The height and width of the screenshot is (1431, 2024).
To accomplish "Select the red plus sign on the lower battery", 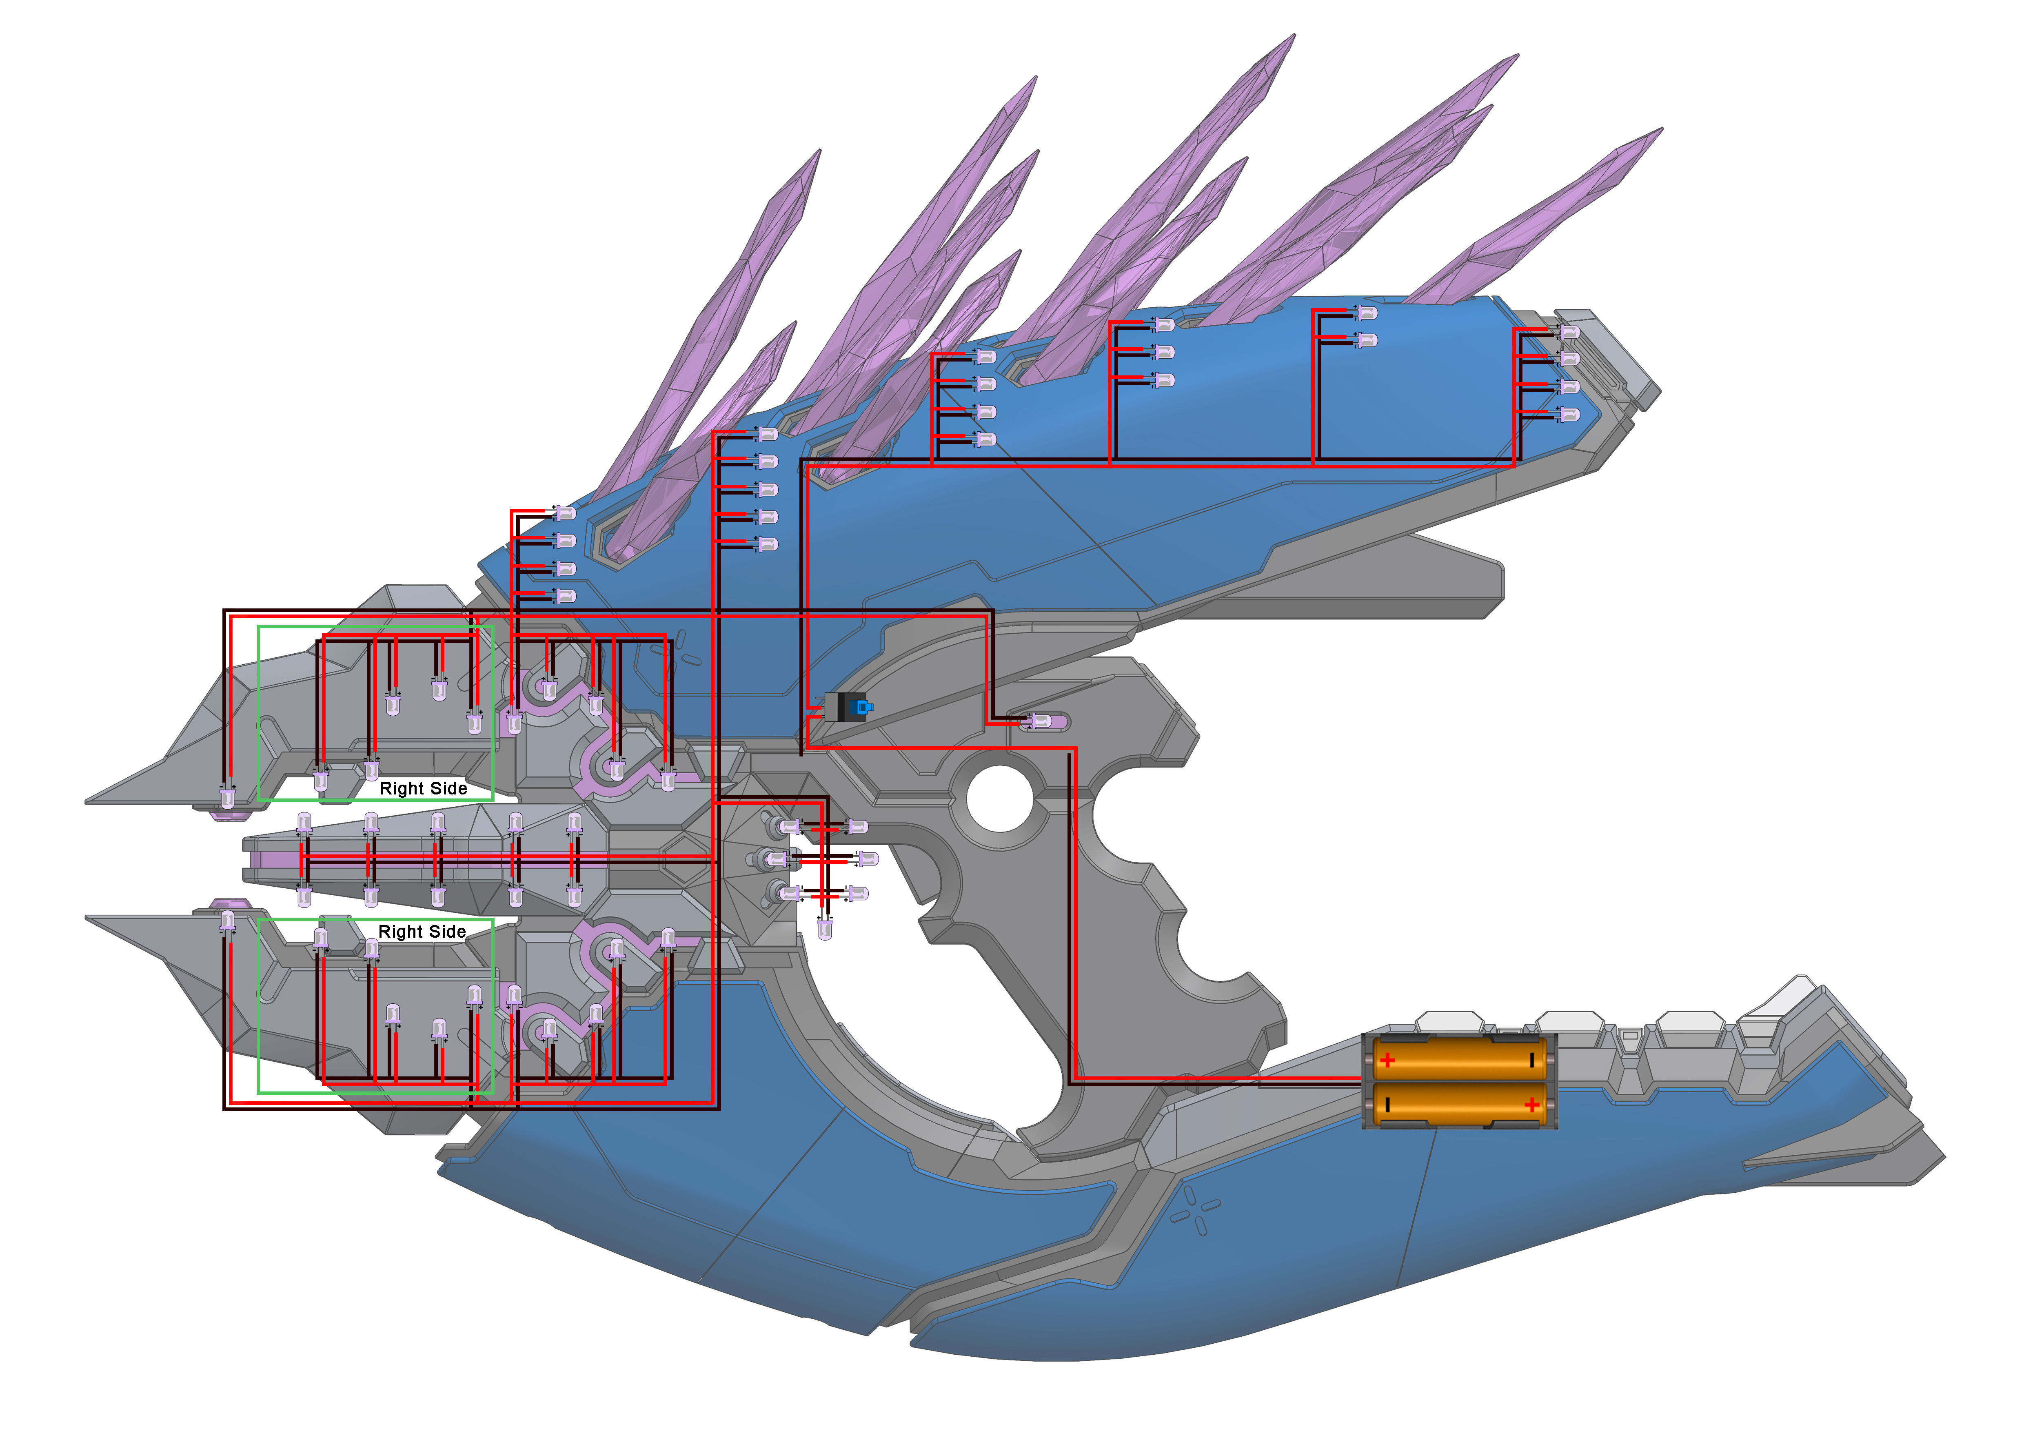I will [x=1532, y=1105].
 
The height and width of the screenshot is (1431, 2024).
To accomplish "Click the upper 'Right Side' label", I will [x=423, y=788].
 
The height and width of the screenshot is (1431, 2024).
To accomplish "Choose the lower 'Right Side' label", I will [x=422, y=932].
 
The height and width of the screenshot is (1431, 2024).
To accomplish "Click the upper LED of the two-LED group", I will [x=1365, y=313].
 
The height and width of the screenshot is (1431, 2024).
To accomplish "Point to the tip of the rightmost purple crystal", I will [x=1661, y=130].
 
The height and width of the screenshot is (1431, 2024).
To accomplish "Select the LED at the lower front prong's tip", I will [x=229, y=922].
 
